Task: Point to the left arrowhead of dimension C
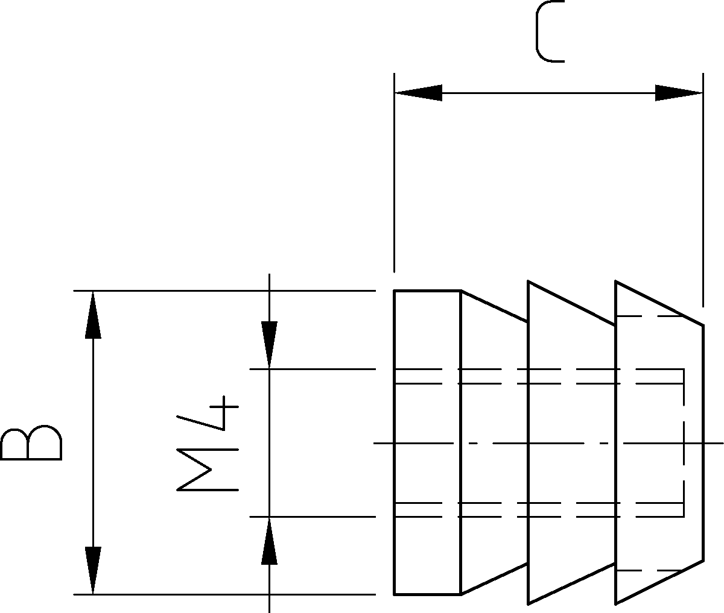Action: coord(418,93)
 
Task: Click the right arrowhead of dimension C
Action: coord(679,93)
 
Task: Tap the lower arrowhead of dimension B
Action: coord(93,570)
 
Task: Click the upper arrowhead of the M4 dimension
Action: coord(269,345)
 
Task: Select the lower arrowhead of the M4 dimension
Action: coord(269,541)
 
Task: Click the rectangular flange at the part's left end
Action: coord(427,442)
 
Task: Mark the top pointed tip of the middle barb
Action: coord(528,281)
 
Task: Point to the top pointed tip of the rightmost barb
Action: coord(616,281)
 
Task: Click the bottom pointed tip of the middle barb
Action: coord(528,604)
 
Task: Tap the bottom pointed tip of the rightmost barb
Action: coord(616,604)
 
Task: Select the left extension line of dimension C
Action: coord(395,172)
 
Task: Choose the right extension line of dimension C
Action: coord(703,190)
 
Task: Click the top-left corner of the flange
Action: coord(395,291)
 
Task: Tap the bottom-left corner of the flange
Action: coord(395,594)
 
